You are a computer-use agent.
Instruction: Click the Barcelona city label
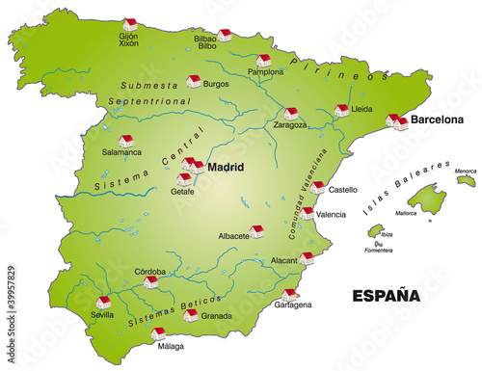[x=438, y=119]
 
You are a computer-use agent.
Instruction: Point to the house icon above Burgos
[x=193, y=82]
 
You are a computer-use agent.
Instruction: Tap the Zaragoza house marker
[x=291, y=113]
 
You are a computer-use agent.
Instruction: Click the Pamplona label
[x=265, y=71]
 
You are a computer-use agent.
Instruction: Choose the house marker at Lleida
[x=341, y=110]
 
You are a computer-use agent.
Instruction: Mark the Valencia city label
[x=331, y=214]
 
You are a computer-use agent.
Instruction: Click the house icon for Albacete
[x=256, y=231]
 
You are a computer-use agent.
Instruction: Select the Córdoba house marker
[x=150, y=282]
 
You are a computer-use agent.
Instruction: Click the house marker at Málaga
[x=158, y=333]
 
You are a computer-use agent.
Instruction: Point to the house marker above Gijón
[x=129, y=25]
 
